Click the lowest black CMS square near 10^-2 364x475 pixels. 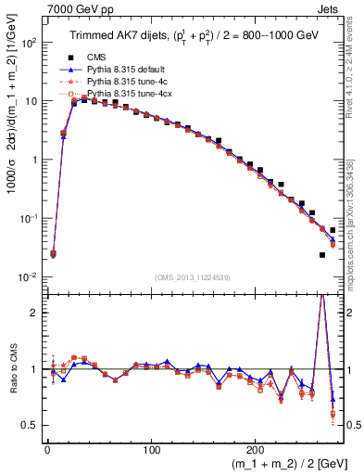[x=322, y=254]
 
